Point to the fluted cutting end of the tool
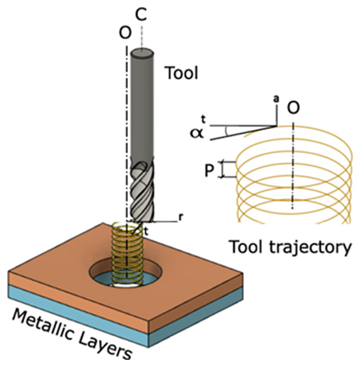coord(141,190)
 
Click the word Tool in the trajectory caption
coord(247,247)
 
